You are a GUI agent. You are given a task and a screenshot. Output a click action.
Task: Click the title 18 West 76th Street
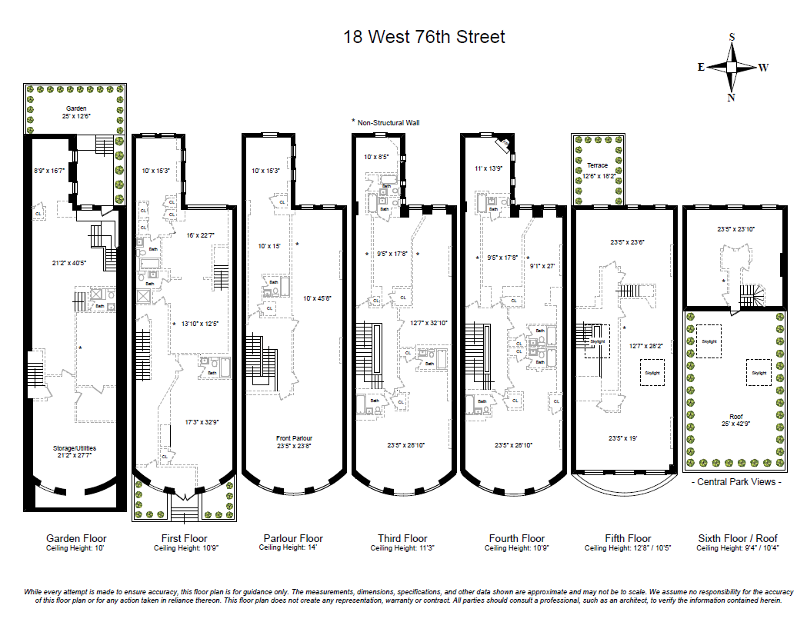click(424, 37)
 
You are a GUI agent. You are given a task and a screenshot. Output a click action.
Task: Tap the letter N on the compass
click(731, 98)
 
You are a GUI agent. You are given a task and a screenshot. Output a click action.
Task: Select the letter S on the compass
click(732, 37)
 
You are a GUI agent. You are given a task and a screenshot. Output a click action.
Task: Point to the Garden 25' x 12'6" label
click(75, 113)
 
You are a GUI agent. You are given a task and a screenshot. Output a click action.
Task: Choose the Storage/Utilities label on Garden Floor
click(75, 452)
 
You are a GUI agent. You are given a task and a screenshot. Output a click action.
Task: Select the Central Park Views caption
click(736, 482)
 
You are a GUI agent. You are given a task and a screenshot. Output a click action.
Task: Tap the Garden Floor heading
click(76, 538)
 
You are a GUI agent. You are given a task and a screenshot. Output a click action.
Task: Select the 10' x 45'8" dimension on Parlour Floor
click(315, 298)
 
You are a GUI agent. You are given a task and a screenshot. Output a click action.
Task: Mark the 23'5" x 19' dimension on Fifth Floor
click(623, 437)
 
